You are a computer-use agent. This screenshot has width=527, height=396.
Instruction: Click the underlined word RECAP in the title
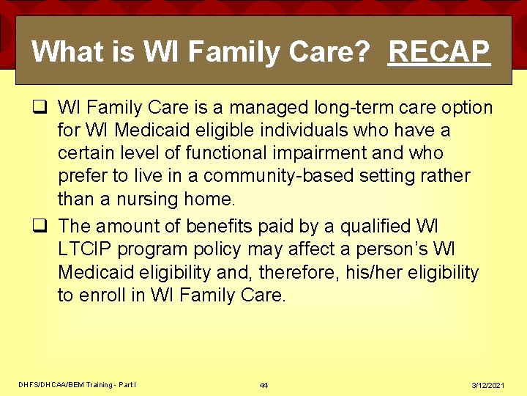coord(439,51)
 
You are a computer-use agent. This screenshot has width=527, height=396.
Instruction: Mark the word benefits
coord(219,225)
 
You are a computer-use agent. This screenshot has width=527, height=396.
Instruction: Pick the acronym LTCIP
coord(86,249)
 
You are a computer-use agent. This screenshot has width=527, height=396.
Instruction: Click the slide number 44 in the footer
coord(263,386)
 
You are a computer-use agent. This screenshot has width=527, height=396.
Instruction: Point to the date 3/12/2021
coord(489,386)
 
